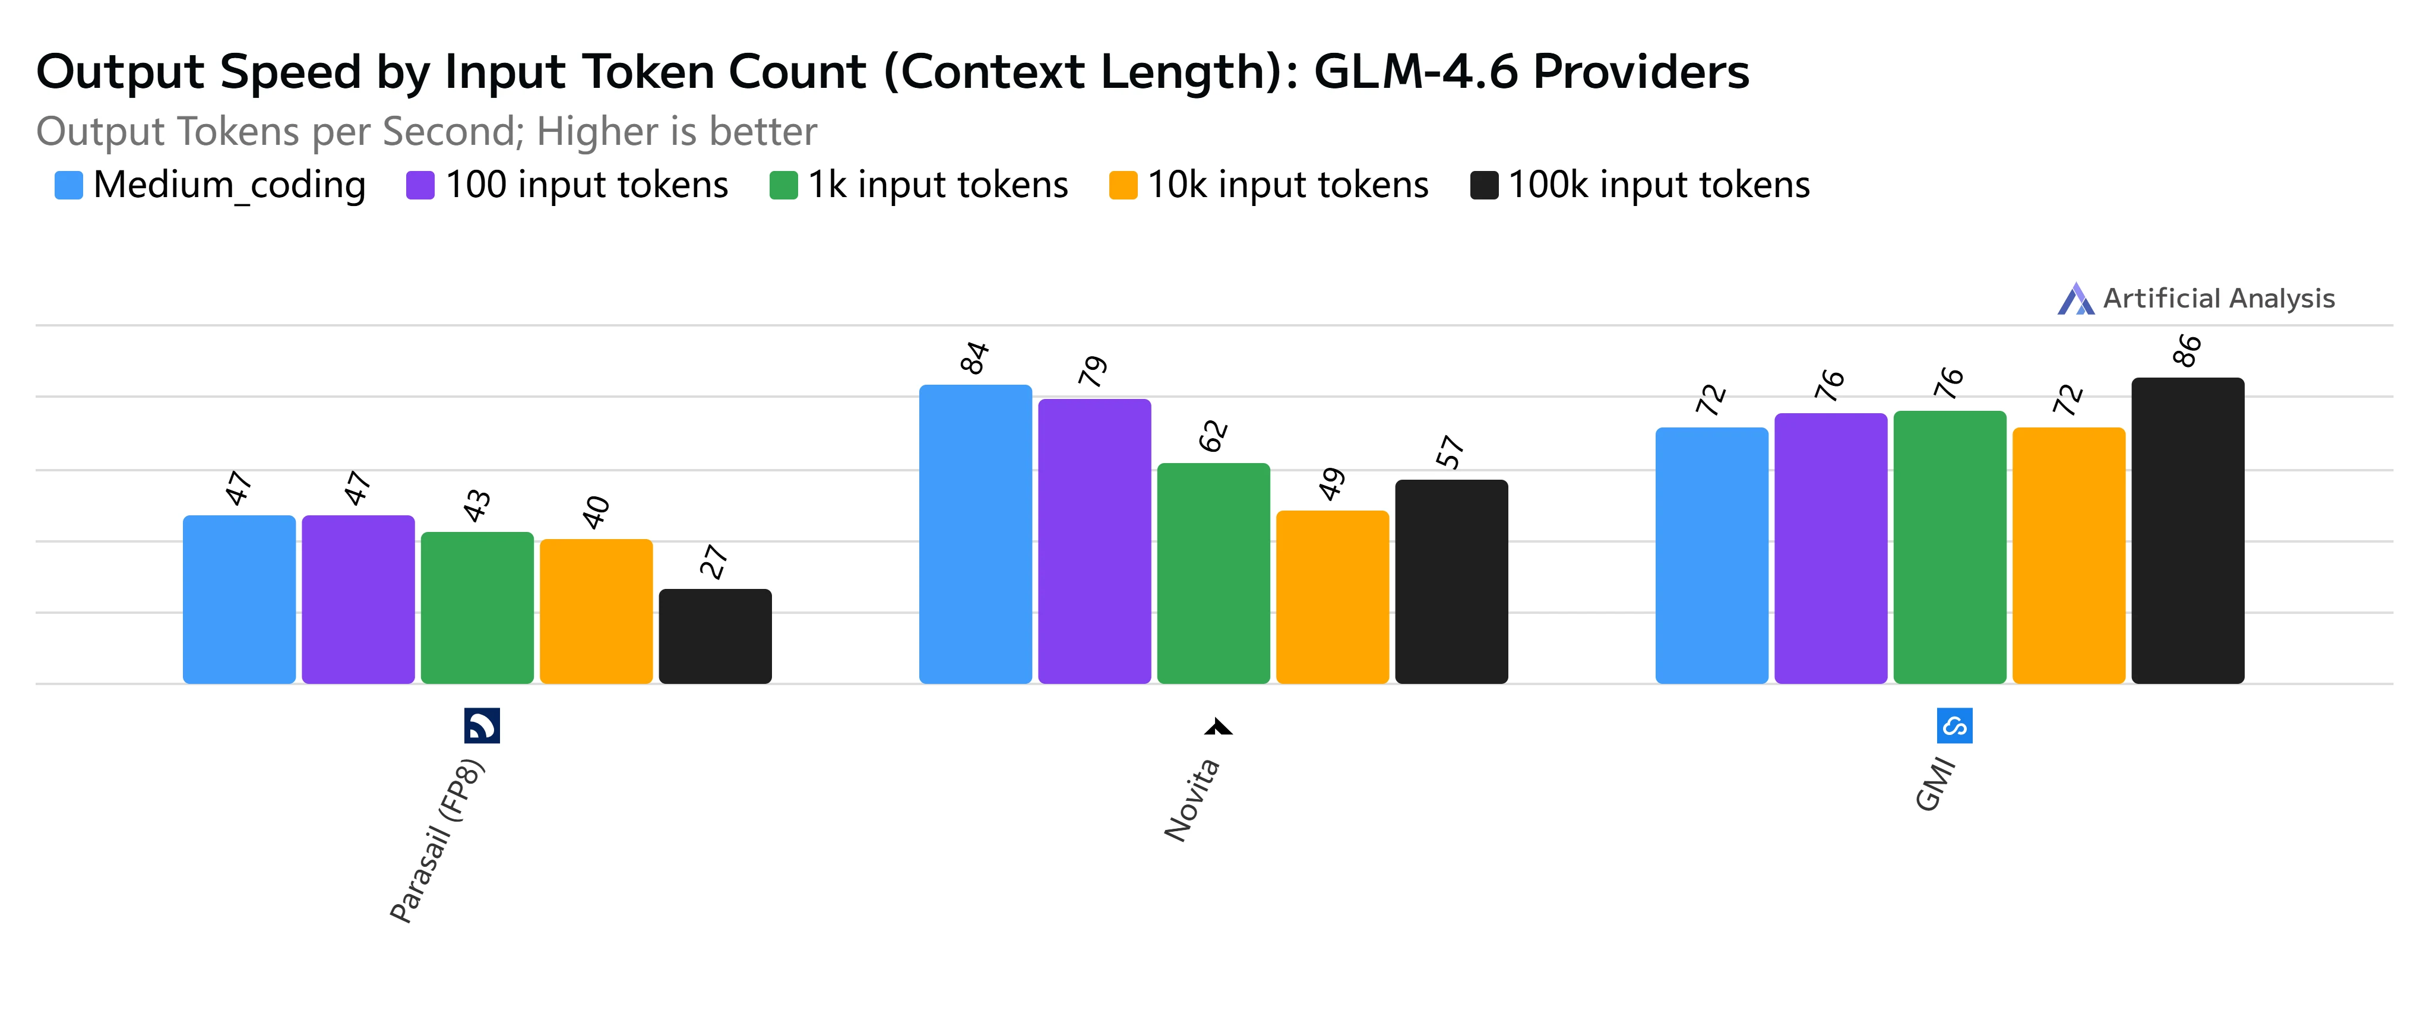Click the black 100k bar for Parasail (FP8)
tap(715, 636)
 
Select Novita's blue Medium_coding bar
tap(976, 534)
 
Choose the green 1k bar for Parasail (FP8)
tap(477, 607)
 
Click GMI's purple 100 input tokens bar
tap(1831, 548)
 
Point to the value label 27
tap(714, 562)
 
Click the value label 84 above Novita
tap(974, 359)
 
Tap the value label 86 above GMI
tap(2187, 351)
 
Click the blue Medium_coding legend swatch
tap(69, 185)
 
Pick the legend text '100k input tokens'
tap(1659, 185)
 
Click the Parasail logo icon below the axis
tap(482, 725)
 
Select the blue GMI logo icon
tap(1954, 725)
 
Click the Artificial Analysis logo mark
tap(2075, 299)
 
